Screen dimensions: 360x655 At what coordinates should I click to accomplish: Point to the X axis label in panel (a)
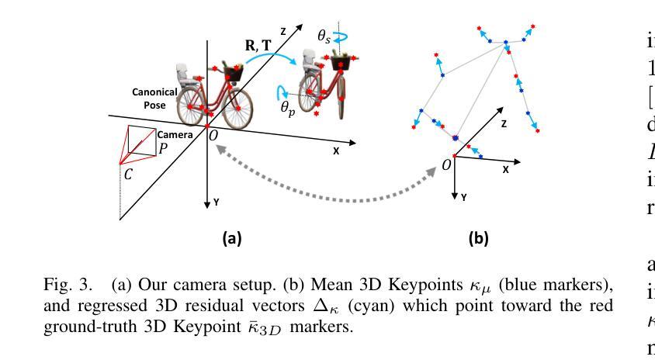[x=336, y=152]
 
